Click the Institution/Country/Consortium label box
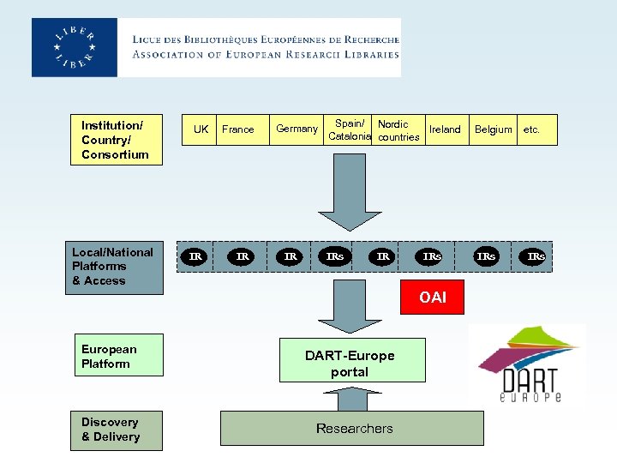click(116, 140)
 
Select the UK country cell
click(201, 129)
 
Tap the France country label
click(237, 129)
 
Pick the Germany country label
click(297, 129)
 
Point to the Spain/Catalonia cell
click(349, 130)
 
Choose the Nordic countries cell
click(398, 130)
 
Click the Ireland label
click(445, 129)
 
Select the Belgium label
click(494, 129)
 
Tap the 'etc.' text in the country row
click(532, 129)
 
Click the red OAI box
click(433, 297)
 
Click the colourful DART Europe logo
click(528, 364)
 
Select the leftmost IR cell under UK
click(195, 256)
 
